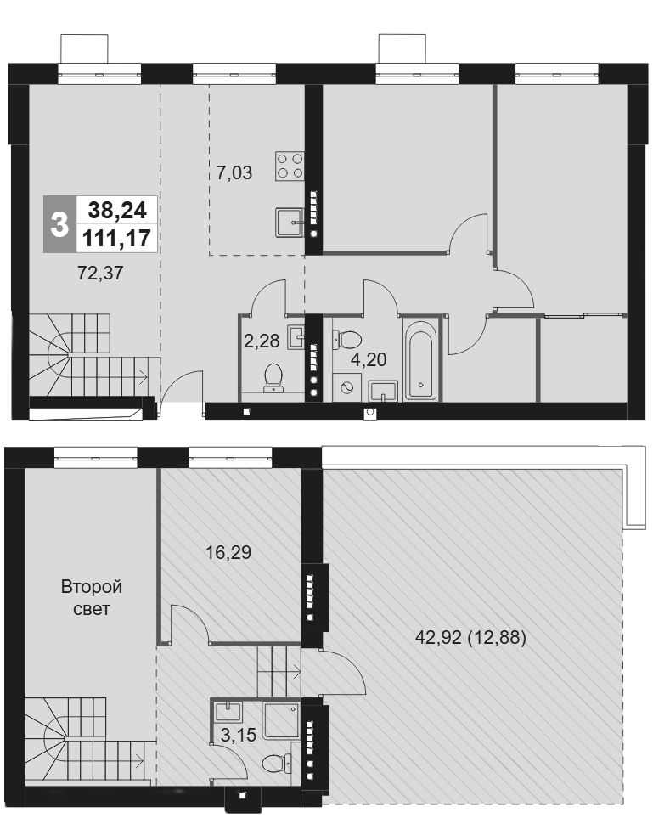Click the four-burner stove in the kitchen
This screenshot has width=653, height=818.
[x=290, y=166]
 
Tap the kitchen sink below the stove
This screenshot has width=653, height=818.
[x=290, y=223]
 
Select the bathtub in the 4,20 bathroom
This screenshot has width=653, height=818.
[x=422, y=360]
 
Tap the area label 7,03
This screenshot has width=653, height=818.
[x=234, y=172]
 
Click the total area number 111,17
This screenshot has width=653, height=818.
[x=117, y=239]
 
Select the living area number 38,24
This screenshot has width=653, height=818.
[x=117, y=210]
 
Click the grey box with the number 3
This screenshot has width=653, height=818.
[x=59, y=224]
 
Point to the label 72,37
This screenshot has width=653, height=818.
[x=100, y=273]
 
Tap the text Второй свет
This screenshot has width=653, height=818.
[x=92, y=598]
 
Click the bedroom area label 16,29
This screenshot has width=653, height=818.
[x=228, y=552]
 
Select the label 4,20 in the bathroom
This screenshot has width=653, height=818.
[x=369, y=359]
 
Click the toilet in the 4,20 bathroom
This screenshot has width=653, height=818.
[x=346, y=340]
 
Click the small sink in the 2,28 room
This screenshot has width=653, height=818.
[x=296, y=336]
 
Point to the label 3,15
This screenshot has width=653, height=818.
[x=239, y=735]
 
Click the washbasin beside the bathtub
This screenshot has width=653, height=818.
[x=383, y=392]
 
